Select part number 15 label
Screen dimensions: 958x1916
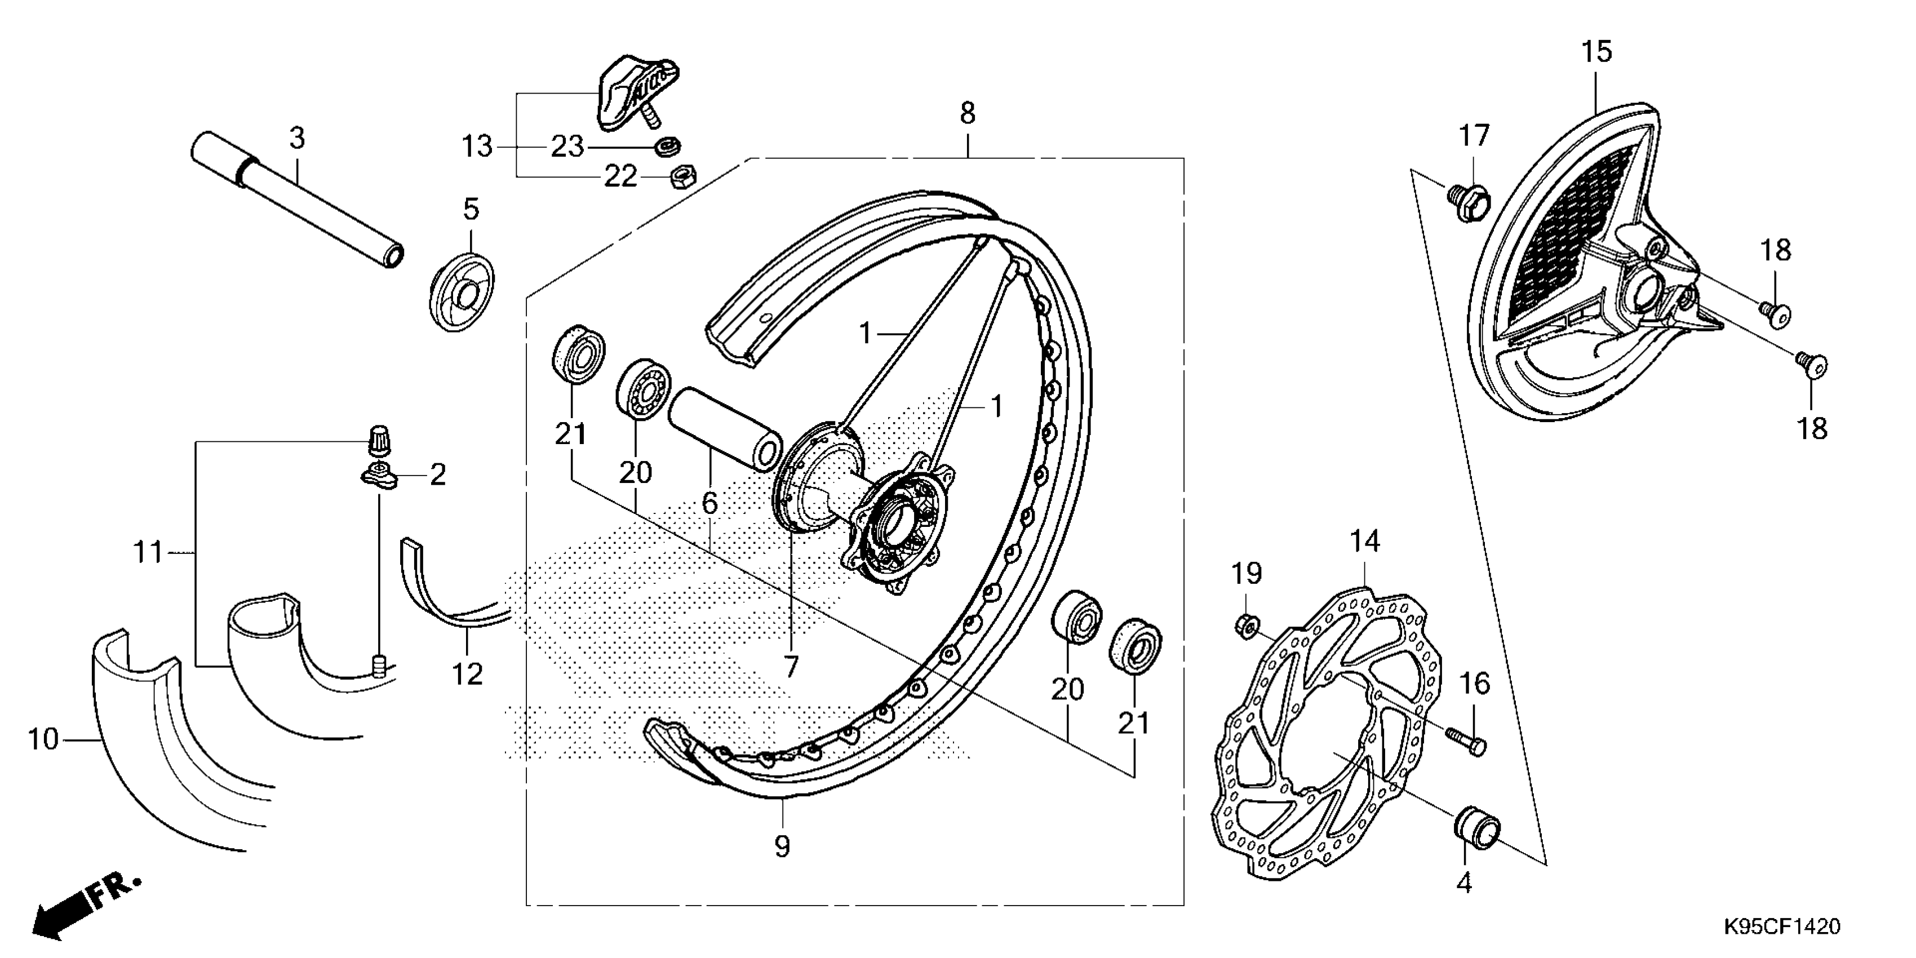click(1596, 52)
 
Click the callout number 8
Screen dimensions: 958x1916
click(967, 113)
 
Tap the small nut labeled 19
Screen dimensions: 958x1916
click(1246, 626)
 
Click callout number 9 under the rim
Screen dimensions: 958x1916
click(782, 846)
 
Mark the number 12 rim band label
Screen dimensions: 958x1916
click(467, 675)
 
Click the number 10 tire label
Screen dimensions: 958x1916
click(42, 739)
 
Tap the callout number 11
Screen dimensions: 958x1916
click(147, 553)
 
